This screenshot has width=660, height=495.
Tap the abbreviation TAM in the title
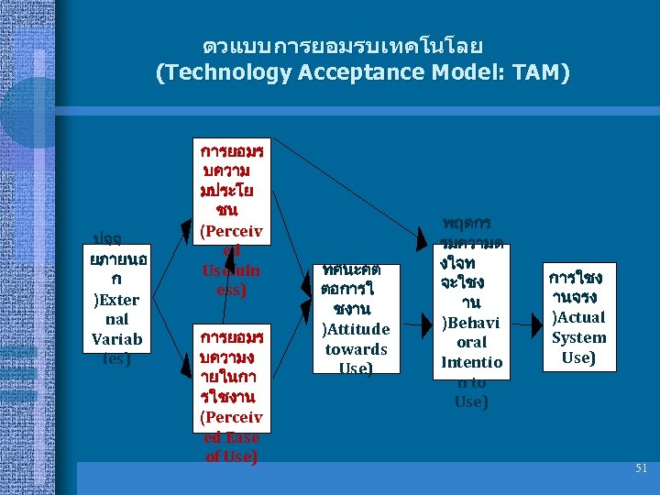coord(535,72)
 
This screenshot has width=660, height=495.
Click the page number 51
coord(641,468)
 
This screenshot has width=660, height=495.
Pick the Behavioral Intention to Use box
coord(471,312)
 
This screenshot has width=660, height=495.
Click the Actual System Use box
coord(577,316)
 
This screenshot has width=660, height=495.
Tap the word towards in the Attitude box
coord(356,349)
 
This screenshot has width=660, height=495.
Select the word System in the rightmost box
coord(578,337)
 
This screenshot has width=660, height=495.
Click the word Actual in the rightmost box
coord(578,317)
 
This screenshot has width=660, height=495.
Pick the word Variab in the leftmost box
coord(116,339)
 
